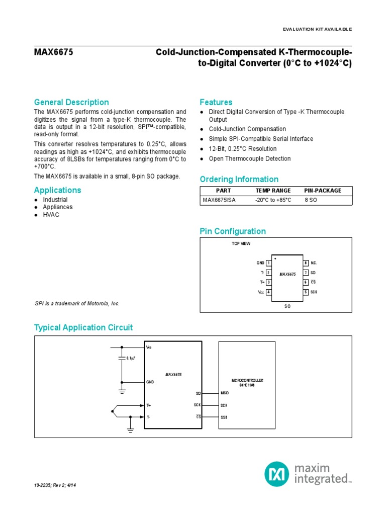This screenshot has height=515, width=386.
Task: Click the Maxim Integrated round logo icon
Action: (x=277, y=473)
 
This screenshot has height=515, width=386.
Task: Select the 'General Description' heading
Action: (x=71, y=102)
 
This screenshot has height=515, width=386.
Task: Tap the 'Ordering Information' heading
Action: (x=239, y=179)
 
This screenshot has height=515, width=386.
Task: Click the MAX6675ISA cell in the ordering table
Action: (x=219, y=200)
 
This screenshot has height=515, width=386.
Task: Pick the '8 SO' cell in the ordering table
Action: (x=311, y=200)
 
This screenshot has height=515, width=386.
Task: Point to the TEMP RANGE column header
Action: (x=273, y=191)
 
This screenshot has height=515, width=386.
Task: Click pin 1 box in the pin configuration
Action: (x=269, y=263)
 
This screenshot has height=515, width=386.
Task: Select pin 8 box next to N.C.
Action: (x=305, y=263)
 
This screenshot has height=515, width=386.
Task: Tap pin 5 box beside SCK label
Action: (x=305, y=292)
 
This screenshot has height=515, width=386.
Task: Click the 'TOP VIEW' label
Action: (x=240, y=243)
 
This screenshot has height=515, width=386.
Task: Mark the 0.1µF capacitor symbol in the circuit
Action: (x=122, y=358)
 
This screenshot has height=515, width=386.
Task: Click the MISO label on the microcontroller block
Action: (x=225, y=393)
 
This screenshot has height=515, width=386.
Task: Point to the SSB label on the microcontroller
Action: (x=224, y=417)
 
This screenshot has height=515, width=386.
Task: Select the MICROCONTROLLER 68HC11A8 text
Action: (x=247, y=383)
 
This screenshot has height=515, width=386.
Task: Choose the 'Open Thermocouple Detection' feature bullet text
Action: (x=249, y=158)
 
